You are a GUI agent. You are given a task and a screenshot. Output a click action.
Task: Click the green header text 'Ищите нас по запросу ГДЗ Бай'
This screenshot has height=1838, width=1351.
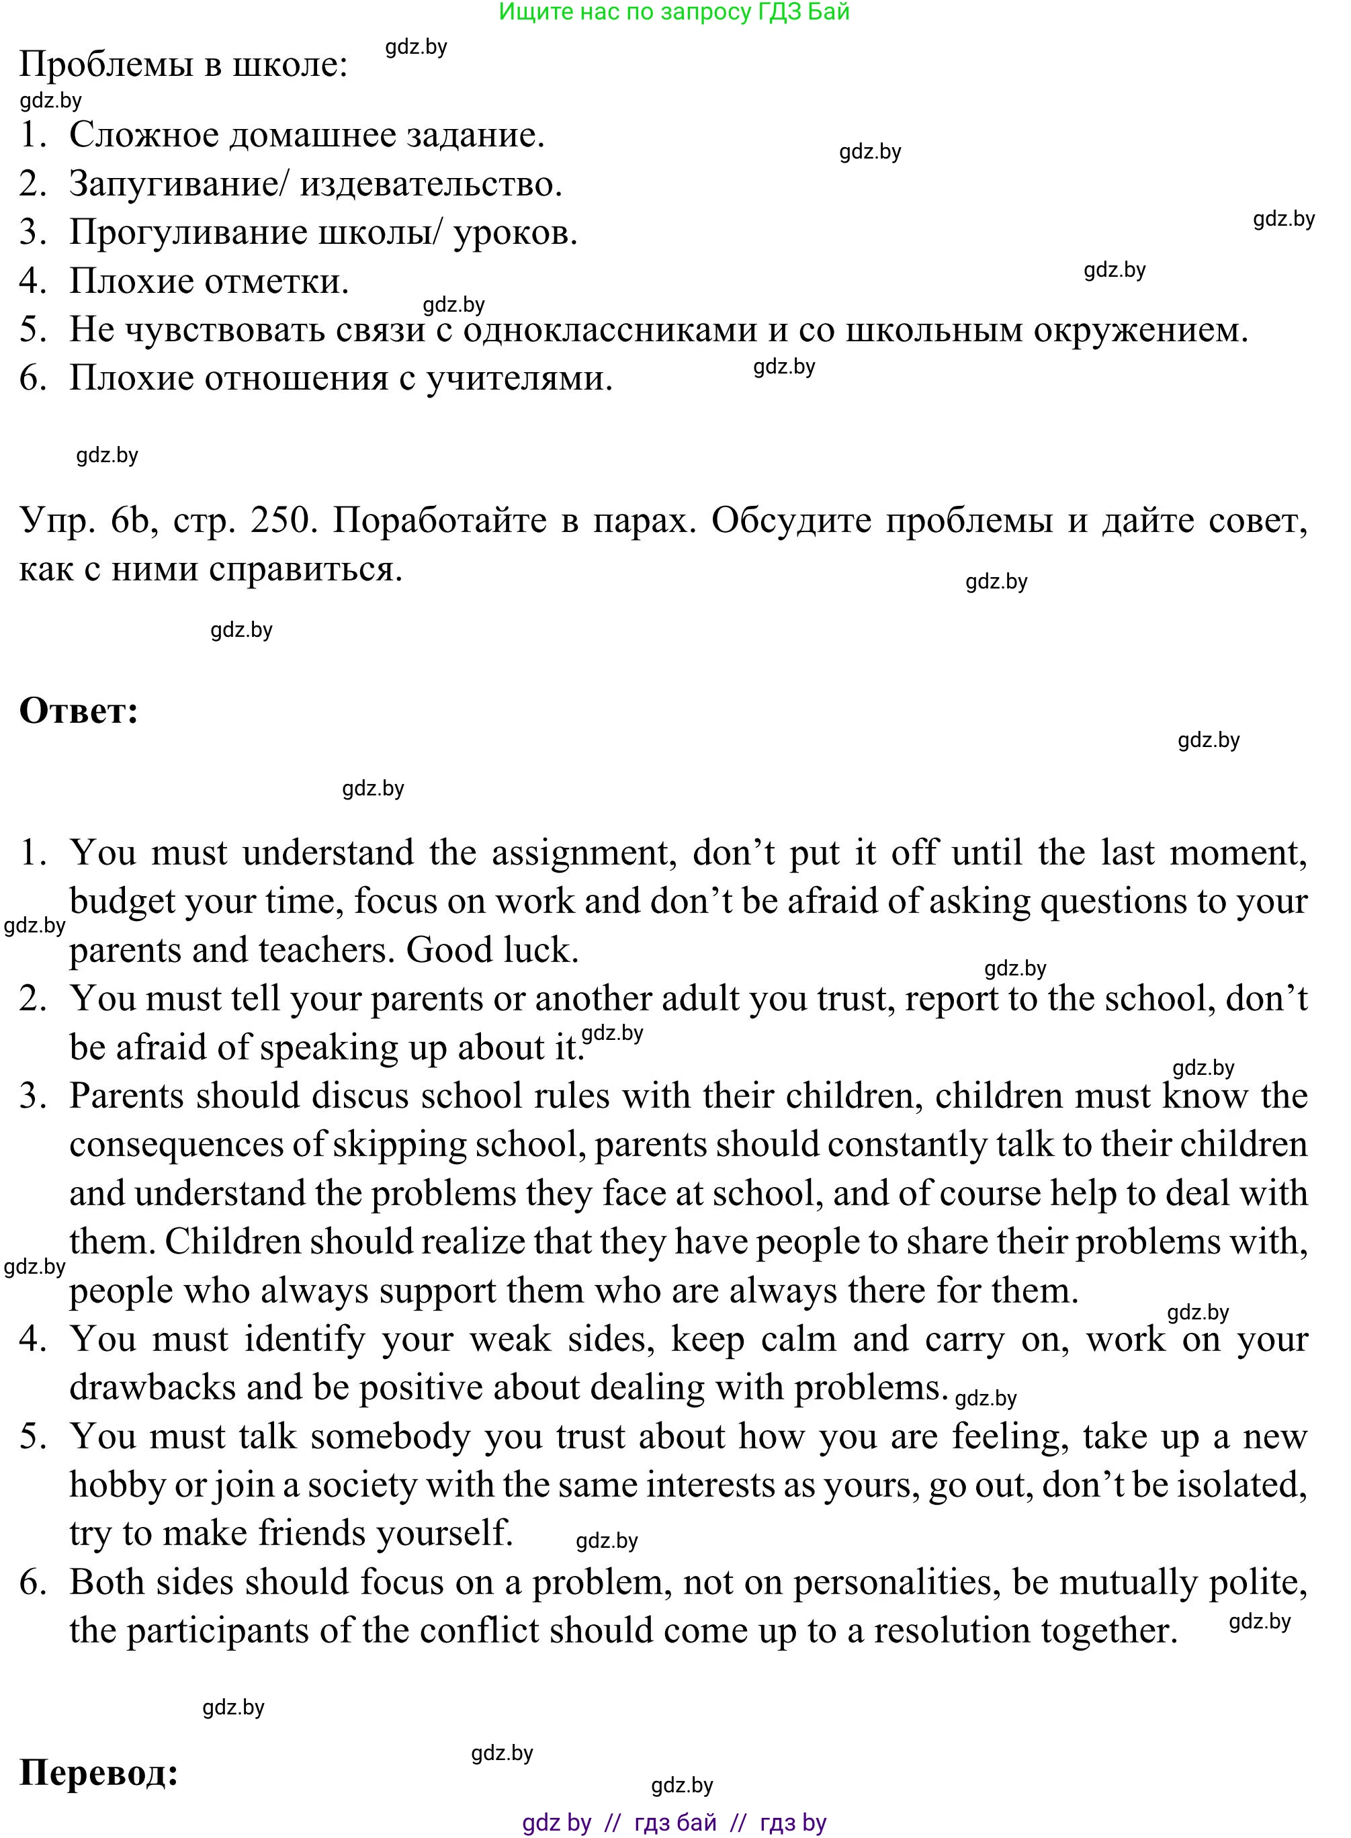(674, 12)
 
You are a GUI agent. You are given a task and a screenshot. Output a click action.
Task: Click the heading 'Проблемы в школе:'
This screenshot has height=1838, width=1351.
(183, 64)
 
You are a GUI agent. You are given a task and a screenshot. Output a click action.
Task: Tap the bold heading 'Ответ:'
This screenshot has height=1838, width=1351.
(79, 711)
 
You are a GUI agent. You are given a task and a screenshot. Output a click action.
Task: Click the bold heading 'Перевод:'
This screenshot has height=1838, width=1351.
(99, 1773)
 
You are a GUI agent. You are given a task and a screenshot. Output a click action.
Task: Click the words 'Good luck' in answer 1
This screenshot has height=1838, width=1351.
(492, 950)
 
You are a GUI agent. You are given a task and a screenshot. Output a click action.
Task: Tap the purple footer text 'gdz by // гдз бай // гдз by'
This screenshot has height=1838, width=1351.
(674, 1823)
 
